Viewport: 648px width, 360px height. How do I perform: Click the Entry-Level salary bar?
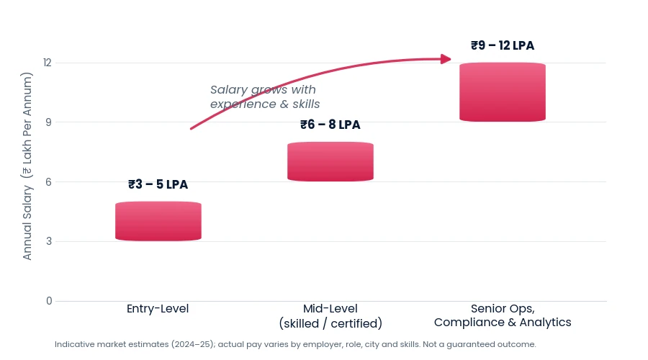pos(158,221)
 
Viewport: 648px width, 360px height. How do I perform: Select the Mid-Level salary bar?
pos(330,161)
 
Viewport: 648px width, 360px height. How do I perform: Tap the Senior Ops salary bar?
pos(503,92)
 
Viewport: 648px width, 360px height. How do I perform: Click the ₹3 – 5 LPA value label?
pos(158,184)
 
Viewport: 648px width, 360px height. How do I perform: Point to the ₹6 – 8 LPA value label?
pos(330,125)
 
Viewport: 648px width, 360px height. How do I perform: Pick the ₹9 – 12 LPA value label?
pos(503,45)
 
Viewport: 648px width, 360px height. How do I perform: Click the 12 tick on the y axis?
pos(48,63)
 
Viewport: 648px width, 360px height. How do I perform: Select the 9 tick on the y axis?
pos(49,122)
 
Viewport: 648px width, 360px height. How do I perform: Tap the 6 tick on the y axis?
pos(49,182)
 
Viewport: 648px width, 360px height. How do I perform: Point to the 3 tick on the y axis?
pos(49,241)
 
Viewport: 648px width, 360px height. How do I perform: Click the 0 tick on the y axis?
pos(49,301)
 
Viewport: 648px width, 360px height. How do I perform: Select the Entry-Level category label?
pos(158,309)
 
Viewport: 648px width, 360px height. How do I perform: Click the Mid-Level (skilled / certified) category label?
pos(330,316)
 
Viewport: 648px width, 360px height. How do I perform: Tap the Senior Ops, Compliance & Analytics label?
pos(503,315)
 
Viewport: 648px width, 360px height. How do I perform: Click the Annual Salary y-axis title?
pos(27,166)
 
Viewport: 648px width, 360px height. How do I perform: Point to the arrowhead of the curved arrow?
pos(446,59)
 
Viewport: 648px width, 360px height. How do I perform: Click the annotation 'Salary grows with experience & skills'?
pos(265,96)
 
